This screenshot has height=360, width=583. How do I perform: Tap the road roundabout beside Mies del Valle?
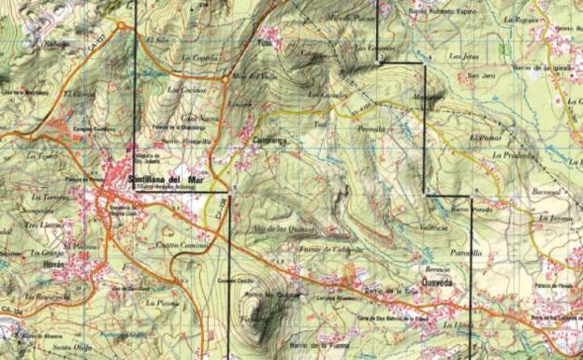coord(226,79)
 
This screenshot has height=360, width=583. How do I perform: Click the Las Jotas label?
coord(465,55)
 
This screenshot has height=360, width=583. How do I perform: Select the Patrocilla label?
coord(466,252)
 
